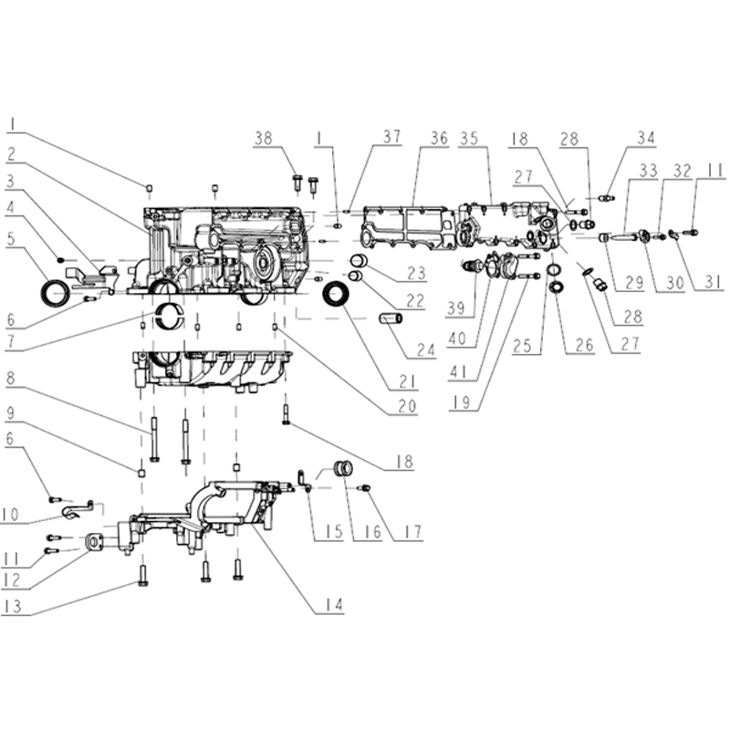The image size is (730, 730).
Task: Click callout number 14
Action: tap(334, 604)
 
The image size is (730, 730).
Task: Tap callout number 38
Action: tap(264, 139)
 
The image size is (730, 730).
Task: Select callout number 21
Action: tap(407, 381)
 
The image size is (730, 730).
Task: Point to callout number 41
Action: tap(457, 372)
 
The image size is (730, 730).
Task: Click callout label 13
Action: tap(13, 607)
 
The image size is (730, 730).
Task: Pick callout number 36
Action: tap(439, 139)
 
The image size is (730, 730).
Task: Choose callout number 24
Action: tap(425, 350)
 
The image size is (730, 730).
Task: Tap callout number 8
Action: tap(10, 378)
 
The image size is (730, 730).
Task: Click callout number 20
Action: tap(407, 406)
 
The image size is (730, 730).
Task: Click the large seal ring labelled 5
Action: tap(56, 293)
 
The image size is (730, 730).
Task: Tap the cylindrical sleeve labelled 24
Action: tap(391, 318)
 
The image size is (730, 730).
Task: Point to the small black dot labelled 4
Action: tap(59, 259)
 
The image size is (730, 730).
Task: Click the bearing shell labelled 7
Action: tap(170, 315)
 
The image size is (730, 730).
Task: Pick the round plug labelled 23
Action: tap(359, 260)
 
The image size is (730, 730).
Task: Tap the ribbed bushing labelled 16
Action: tap(344, 468)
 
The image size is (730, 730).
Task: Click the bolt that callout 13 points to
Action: tap(143, 575)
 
